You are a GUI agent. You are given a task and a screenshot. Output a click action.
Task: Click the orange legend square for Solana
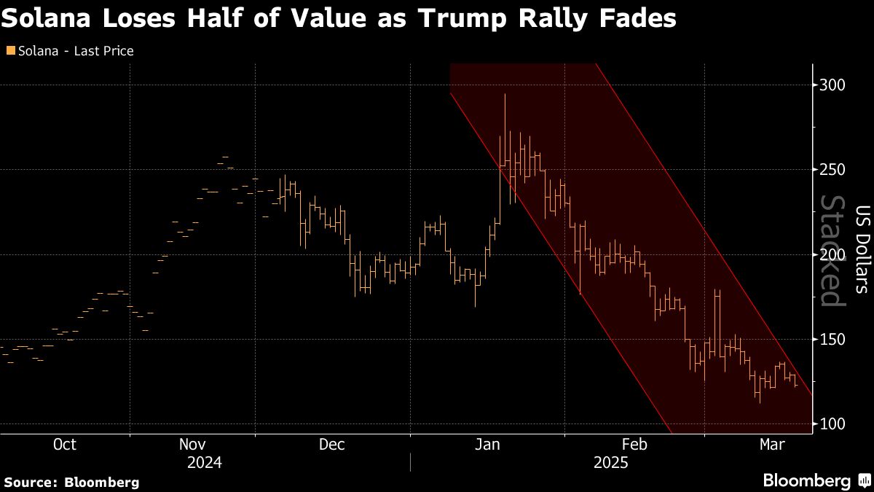[9, 51]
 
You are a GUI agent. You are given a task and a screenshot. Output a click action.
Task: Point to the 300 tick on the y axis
[832, 85]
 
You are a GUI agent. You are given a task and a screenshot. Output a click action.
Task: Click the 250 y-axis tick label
[832, 170]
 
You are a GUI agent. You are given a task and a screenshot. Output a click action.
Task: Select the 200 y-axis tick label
[832, 254]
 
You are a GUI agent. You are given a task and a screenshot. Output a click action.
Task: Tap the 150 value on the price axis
[832, 339]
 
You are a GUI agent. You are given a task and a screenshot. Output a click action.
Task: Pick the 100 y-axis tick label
[832, 424]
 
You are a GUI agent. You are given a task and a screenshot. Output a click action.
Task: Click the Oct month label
[65, 444]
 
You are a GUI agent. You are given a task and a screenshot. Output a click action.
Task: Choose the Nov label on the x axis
[192, 444]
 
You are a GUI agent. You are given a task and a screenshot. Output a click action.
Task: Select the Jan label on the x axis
[487, 444]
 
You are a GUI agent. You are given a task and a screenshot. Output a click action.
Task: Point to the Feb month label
[634, 444]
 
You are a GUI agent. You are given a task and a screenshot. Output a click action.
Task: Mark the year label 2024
[205, 462]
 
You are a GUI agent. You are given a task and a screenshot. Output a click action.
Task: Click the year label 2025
[611, 462]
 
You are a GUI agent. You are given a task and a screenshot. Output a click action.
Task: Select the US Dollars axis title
[862, 248]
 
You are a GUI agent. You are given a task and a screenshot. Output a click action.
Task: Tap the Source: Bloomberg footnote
[71, 482]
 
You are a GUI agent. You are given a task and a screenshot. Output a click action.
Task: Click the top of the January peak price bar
[505, 94]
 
